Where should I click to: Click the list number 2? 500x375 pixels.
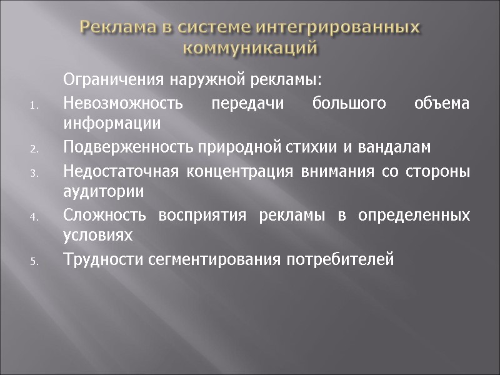point(34,149)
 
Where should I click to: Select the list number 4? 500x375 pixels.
point(34,217)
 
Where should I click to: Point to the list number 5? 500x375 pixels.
point(34,262)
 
